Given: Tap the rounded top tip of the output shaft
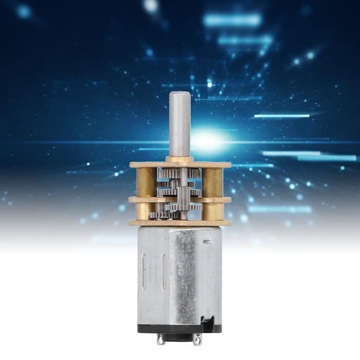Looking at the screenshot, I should pyautogui.click(x=179, y=94).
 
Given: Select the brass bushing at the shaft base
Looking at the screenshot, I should pyautogui.click(x=180, y=160).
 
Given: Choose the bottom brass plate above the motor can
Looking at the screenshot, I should pyautogui.click(x=179, y=223).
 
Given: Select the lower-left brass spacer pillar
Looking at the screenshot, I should pyautogui.click(x=145, y=211).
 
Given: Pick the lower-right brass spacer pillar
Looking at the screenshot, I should pyautogui.click(x=213, y=211).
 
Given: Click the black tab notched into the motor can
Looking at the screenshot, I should pyautogui.click(x=208, y=322).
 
